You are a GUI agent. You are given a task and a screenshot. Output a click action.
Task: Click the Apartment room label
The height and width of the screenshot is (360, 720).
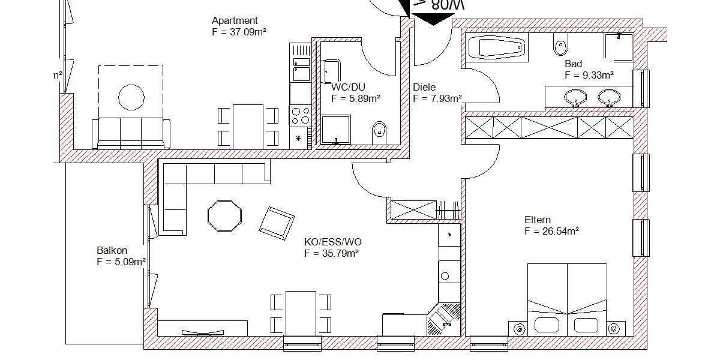(235, 21)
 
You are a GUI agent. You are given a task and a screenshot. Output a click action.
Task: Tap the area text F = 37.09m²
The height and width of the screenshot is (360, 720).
(239, 32)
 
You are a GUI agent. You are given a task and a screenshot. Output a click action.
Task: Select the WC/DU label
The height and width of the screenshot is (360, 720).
(348, 86)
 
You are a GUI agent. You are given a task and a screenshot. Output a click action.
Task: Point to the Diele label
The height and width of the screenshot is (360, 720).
(424, 87)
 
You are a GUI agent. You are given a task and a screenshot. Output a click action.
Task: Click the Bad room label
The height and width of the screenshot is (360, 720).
(573, 64)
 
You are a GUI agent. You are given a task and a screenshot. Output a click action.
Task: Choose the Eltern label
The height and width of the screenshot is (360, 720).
(537, 220)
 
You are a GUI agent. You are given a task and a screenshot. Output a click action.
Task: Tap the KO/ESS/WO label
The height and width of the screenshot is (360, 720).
(333, 242)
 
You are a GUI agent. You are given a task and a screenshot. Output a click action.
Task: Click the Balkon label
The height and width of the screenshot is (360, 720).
(112, 250)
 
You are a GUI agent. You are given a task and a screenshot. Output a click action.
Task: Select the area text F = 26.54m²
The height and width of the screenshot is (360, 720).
(551, 232)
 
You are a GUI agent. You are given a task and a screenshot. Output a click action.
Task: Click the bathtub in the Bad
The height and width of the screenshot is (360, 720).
(496, 48)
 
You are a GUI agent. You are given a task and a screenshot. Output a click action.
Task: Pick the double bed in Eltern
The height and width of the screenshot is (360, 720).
(567, 297)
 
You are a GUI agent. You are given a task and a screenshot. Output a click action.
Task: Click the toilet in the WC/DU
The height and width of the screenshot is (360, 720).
(379, 130)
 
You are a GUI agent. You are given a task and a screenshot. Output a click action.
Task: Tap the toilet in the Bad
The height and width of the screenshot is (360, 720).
(561, 46)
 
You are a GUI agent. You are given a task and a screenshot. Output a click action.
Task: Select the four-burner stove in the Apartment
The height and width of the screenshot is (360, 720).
(299, 115)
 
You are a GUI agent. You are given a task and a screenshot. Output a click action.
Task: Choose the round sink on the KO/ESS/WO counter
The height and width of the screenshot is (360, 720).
(445, 277)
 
